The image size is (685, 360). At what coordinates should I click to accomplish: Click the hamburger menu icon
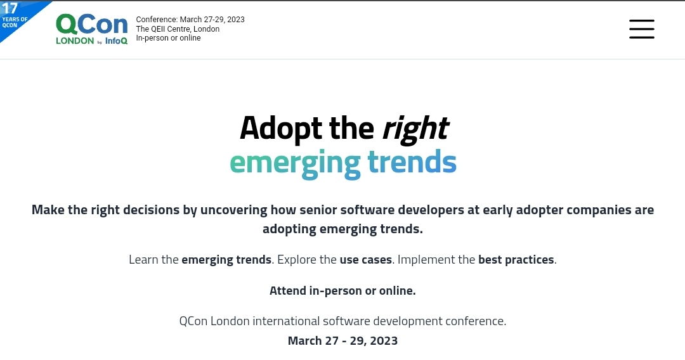click(x=642, y=29)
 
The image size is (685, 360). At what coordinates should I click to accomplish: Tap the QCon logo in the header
click(x=92, y=29)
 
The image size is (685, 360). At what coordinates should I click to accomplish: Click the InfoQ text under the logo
click(x=116, y=41)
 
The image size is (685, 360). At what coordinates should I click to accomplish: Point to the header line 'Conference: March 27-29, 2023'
click(x=190, y=19)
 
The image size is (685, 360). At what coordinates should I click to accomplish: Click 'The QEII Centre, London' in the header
click(x=178, y=29)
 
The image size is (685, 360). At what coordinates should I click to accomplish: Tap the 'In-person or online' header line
click(x=168, y=38)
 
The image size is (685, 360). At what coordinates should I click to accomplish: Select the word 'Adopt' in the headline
click(x=282, y=128)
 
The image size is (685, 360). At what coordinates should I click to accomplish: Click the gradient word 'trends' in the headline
click(x=412, y=162)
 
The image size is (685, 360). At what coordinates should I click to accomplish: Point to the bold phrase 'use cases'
click(x=366, y=260)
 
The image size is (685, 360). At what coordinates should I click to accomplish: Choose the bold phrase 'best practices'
click(x=516, y=260)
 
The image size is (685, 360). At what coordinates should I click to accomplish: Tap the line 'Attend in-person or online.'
click(x=342, y=291)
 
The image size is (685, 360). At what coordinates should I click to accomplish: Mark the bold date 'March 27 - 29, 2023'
click(x=342, y=341)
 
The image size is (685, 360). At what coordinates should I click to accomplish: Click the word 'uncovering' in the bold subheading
click(x=233, y=210)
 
